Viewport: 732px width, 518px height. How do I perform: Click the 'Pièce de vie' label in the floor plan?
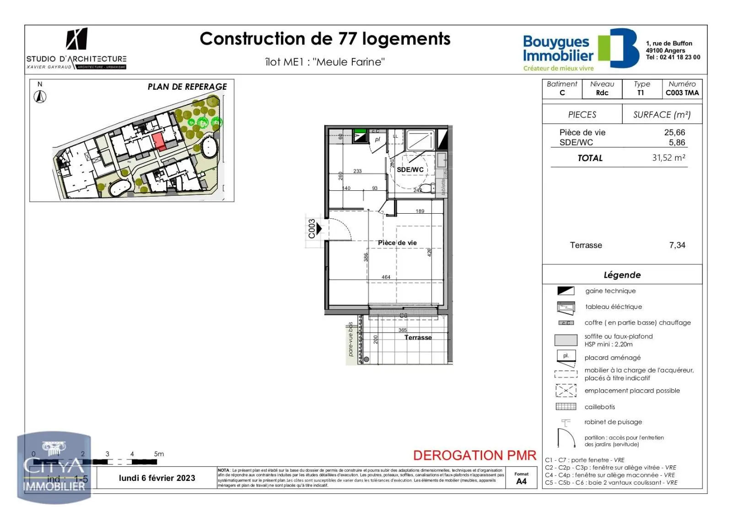click(397, 243)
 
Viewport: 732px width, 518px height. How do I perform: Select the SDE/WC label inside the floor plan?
click(410, 170)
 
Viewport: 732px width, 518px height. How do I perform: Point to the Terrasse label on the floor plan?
click(418, 338)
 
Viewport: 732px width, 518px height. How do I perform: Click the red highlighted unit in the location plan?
click(159, 141)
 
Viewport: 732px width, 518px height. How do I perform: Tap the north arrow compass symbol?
click(40, 97)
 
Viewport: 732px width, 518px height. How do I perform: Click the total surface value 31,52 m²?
click(668, 158)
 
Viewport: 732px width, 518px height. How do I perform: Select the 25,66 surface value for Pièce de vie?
click(674, 133)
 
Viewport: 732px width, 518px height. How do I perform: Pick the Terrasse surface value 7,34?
click(677, 245)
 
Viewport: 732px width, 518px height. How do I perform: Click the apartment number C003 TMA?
click(682, 93)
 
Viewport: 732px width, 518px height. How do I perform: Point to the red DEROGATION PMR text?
click(474, 455)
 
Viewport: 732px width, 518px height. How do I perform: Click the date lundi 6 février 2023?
click(157, 478)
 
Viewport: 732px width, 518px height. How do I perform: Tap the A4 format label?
click(521, 481)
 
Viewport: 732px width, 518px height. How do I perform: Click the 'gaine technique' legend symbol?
click(566, 291)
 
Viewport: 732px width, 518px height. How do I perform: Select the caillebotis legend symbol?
click(566, 407)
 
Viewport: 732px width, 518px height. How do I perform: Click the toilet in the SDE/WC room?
click(426, 189)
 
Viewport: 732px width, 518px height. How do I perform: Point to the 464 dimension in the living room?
click(386, 277)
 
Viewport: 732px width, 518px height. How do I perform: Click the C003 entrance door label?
click(312, 229)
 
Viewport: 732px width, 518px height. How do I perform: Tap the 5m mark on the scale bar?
click(159, 454)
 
